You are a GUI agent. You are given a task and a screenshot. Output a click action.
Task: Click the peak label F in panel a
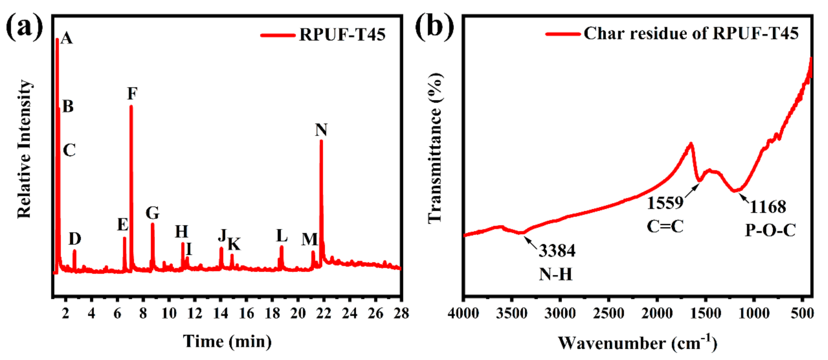[132, 94]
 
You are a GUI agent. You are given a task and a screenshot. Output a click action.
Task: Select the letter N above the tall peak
[321, 130]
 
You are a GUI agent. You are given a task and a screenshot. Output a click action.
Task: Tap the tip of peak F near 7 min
[131, 106]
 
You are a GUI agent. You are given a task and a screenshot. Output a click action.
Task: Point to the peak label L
[282, 236]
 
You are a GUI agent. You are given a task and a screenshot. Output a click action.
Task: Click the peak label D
[75, 239]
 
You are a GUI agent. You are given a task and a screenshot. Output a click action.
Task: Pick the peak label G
[152, 212]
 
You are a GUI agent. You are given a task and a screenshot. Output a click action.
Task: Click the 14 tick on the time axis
[220, 313]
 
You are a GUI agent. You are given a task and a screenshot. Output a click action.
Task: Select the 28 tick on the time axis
[401, 313]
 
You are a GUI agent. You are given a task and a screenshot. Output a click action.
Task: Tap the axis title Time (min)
[227, 341]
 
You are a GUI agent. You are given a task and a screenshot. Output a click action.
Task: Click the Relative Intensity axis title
[25, 149]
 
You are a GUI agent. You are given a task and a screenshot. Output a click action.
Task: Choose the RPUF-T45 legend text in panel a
[342, 35]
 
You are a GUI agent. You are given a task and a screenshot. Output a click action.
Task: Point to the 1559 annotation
[665, 203]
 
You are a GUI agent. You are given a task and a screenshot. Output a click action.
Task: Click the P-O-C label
[770, 230]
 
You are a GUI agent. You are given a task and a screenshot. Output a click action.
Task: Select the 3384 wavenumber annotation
[557, 251]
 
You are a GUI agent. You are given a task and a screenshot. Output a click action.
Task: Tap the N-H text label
[556, 275]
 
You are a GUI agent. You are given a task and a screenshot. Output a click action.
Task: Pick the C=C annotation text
[665, 227]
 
